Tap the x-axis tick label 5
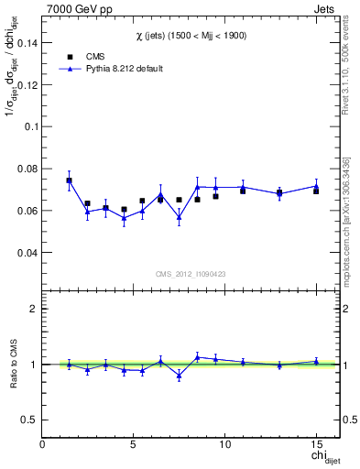pos(134,444)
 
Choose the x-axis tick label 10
pos(224,444)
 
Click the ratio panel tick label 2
pos(34,309)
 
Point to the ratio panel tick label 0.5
pos(29,420)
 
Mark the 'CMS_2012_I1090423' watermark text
pos(189,274)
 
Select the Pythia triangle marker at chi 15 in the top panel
pos(316,185)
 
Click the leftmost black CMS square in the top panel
pos(69,180)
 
